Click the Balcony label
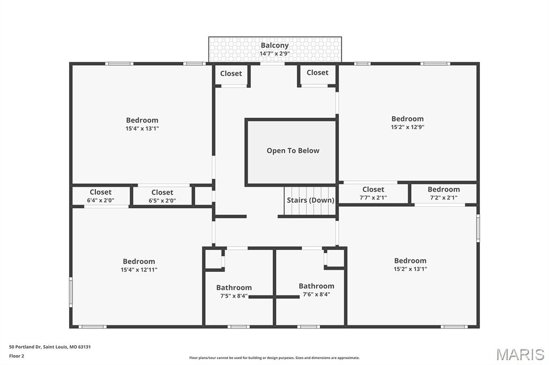(x=274, y=45)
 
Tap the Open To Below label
(x=293, y=151)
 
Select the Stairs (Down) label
(x=310, y=200)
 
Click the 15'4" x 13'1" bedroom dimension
(x=142, y=128)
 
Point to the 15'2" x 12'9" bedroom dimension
(x=407, y=127)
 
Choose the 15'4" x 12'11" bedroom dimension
(x=139, y=270)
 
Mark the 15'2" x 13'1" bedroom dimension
(x=410, y=269)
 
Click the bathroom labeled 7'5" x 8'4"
(x=234, y=292)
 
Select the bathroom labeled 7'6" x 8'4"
(x=316, y=290)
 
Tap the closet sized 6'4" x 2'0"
(x=101, y=196)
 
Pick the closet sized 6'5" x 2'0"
(x=162, y=196)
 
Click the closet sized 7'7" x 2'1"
(x=373, y=193)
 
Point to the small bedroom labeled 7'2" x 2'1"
(x=443, y=193)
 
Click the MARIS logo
(x=520, y=354)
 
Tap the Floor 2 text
(x=17, y=356)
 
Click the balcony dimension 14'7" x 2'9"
(x=274, y=54)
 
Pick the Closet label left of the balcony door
(x=231, y=73)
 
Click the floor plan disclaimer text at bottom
(x=274, y=358)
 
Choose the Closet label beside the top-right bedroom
(x=317, y=72)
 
